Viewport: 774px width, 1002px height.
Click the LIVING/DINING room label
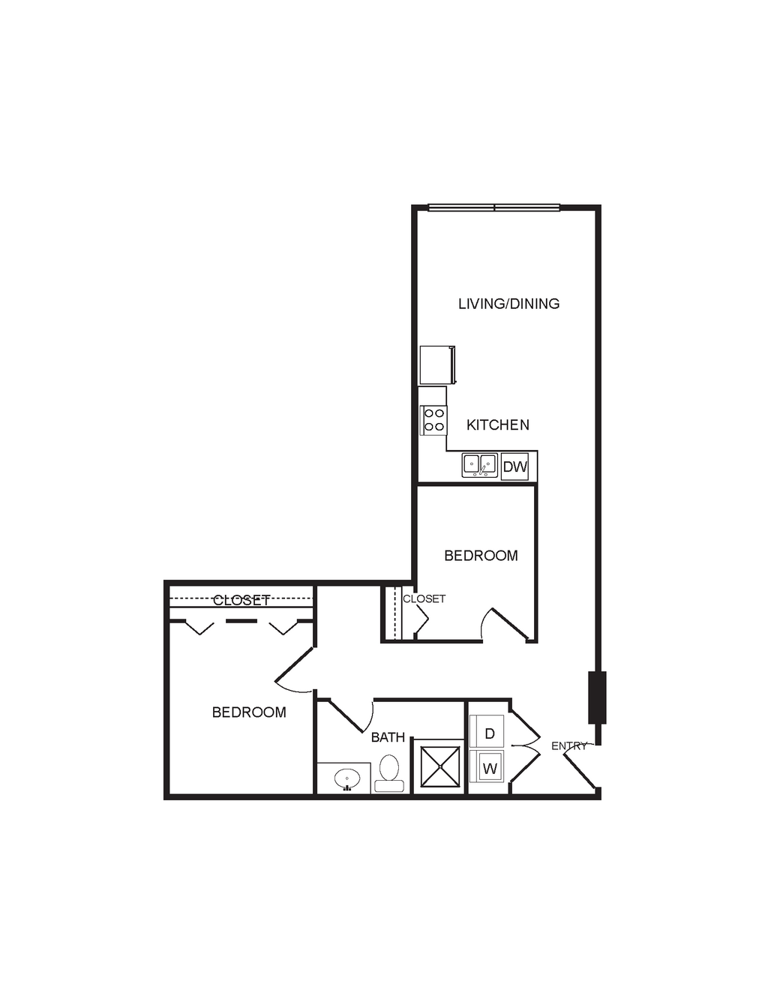point(509,304)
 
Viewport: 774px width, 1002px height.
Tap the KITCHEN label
point(498,424)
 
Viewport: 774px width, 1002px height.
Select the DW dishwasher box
point(515,466)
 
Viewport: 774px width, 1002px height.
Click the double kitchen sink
point(480,465)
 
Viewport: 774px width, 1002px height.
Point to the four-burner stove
point(433,420)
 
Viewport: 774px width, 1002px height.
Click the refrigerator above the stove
point(437,365)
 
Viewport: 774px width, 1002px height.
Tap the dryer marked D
point(487,733)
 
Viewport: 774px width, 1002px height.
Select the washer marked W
point(487,769)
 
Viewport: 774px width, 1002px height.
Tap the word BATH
point(388,737)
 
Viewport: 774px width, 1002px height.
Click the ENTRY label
point(570,745)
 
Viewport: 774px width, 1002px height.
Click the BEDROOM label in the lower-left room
point(250,712)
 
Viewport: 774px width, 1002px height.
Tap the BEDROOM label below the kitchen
point(481,556)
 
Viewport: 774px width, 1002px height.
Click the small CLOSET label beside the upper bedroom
point(424,599)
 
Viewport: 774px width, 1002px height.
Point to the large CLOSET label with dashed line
point(241,600)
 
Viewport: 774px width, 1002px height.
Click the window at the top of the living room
point(494,208)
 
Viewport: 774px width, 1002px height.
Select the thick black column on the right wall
point(597,697)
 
